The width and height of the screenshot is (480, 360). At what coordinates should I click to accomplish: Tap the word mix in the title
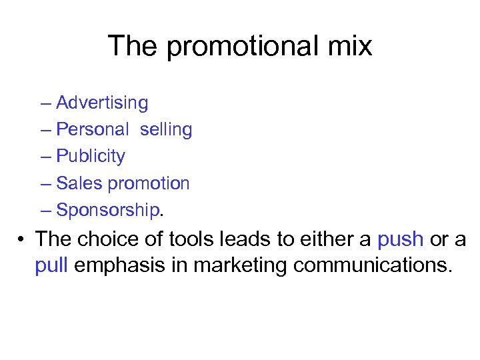click(349, 47)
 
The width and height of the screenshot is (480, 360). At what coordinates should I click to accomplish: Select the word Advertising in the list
click(102, 103)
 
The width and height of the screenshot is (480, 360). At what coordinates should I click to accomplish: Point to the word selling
click(166, 130)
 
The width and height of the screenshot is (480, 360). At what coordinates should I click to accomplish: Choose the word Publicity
click(91, 157)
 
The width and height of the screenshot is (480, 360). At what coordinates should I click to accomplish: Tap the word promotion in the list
click(149, 183)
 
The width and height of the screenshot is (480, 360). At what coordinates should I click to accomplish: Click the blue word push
click(400, 239)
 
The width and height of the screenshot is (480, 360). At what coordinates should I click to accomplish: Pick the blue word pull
click(51, 265)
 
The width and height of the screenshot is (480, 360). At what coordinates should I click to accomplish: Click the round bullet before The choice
click(21, 239)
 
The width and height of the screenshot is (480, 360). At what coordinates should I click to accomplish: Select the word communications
click(373, 265)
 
